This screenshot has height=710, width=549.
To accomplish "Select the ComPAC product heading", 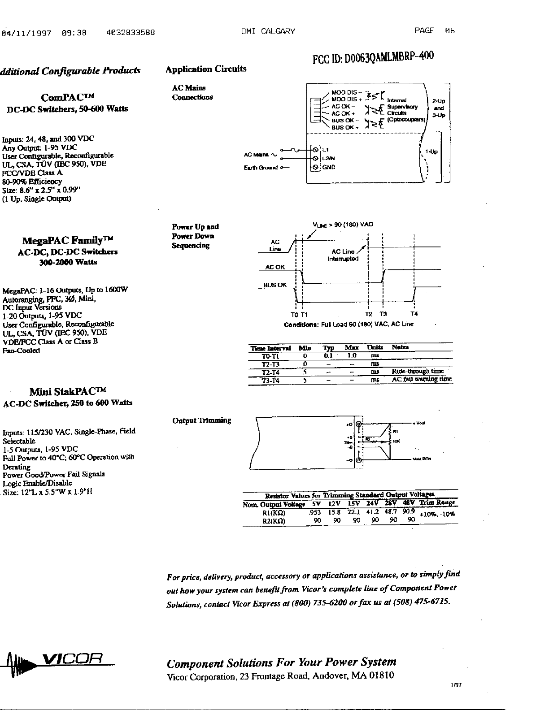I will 67,97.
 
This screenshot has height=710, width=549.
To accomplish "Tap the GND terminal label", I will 329,167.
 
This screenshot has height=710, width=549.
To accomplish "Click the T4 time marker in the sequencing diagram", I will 414,314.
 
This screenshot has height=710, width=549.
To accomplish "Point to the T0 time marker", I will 294,314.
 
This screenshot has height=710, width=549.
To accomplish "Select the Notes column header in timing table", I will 400,347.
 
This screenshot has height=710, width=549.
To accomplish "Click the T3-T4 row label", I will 270,381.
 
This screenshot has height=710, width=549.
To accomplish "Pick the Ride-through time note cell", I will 418,372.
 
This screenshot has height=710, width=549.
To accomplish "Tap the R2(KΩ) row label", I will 274,521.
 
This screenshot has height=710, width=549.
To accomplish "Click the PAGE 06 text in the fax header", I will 435,30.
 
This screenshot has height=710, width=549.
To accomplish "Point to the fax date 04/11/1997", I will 26,32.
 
